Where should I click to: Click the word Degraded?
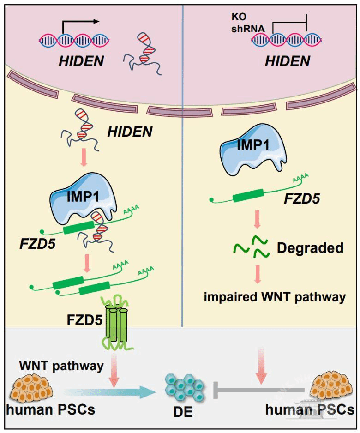pyautogui.click(x=310, y=248)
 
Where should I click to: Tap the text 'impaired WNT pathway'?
pyautogui.click(x=275, y=296)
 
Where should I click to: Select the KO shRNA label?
pyautogui.click(x=248, y=24)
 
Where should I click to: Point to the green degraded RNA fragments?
pyautogui.click(x=252, y=247)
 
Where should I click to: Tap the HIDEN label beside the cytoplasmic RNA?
pyautogui.click(x=130, y=132)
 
